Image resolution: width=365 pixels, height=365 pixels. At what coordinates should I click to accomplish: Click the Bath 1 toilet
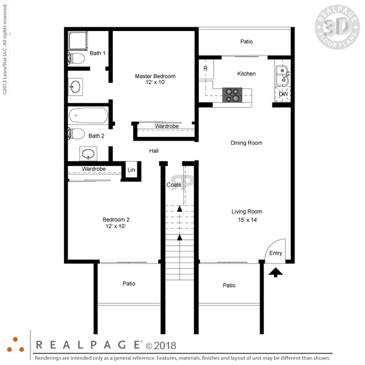[x=76, y=58]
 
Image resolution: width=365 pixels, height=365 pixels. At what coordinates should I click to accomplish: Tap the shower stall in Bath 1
[x=78, y=41]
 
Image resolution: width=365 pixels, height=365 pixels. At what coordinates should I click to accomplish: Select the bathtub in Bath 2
[x=88, y=115]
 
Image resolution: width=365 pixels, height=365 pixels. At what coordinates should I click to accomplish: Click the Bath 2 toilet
[x=76, y=134]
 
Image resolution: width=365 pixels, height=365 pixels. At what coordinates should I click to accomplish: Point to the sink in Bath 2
[x=88, y=154]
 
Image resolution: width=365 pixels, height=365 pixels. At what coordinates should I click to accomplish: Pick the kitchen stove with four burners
[x=232, y=95]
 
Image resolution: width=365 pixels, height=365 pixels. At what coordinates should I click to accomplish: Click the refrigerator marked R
[x=206, y=69]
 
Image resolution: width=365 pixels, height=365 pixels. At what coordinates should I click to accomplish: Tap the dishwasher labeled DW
[x=283, y=94]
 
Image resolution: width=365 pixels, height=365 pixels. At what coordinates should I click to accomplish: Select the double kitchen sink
[x=283, y=75]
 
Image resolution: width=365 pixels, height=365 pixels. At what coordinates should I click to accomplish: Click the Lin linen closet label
[x=131, y=170]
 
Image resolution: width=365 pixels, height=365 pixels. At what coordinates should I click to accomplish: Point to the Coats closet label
[x=173, y=185]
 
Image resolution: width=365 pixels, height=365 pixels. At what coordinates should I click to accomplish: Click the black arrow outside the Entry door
[x=276, y=273]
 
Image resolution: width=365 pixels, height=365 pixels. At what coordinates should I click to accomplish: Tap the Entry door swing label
[x=276, y=253]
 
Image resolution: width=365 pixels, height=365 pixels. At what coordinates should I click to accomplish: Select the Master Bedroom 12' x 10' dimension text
[x=156, y=82]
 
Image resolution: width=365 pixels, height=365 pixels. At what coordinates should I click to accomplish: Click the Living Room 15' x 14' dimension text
[x=248, y=220]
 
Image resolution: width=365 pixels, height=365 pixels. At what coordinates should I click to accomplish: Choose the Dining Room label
[x=246, y=143]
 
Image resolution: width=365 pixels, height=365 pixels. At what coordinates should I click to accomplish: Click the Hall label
[x=154, y=151]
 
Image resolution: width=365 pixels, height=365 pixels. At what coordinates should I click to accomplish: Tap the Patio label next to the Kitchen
[x=246, y=41]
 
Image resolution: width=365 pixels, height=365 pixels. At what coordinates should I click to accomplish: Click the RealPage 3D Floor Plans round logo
[x=337, y=27]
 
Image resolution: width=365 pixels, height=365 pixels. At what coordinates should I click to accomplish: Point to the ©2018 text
[x=161, y=346]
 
